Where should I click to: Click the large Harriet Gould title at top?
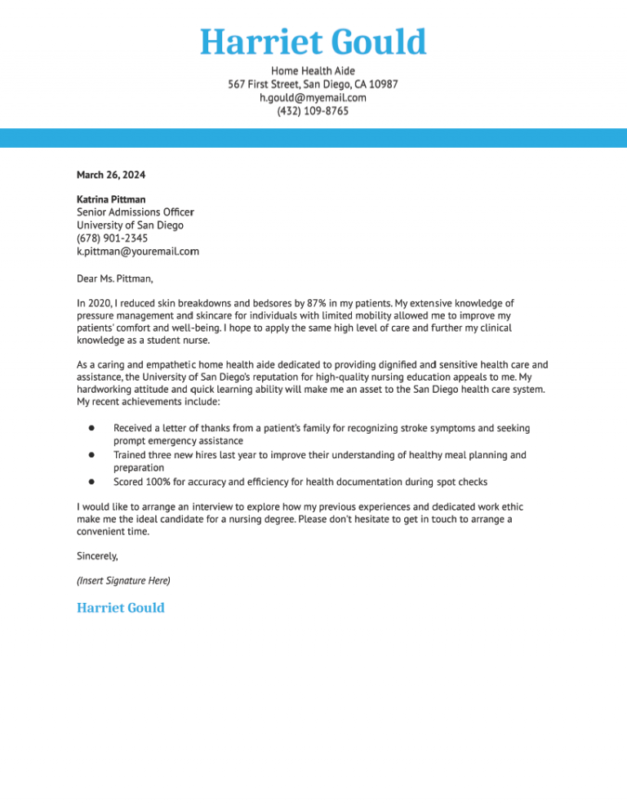tap(313, 42)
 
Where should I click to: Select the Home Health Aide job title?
tap(313, 71)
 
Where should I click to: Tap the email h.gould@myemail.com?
tap(313, 97)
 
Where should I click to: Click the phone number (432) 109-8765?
tap(313, 110)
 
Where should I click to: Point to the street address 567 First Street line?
tap(313, 84)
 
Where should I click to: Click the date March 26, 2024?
tap(111, 174)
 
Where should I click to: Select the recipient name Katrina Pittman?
tap(111, 199)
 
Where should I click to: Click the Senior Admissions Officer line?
tap(135, 212)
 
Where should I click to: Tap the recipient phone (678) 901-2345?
tap(112, 239)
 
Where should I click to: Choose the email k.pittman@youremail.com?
tap(138, 252)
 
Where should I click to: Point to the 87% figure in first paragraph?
tap(316, 303)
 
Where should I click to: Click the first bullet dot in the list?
tap(92, 428)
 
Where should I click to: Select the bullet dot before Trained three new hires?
tap(92, 454)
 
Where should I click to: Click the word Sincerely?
tap(97, 555)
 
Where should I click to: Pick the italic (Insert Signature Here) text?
tap(123, 581)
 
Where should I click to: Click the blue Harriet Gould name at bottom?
tap(120, 608)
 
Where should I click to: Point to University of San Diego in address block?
tap(130, 225)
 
